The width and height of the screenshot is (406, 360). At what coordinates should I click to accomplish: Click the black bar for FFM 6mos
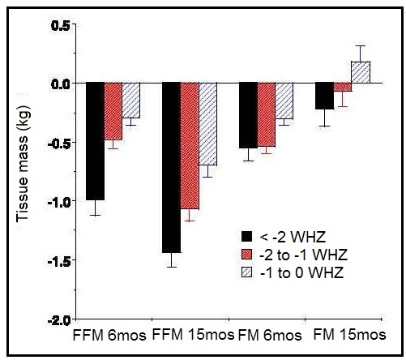tap(96, 141)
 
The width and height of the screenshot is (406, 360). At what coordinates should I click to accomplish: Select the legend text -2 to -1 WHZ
tap(297, 255)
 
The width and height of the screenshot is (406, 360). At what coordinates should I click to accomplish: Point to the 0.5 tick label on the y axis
tap(61, 25)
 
